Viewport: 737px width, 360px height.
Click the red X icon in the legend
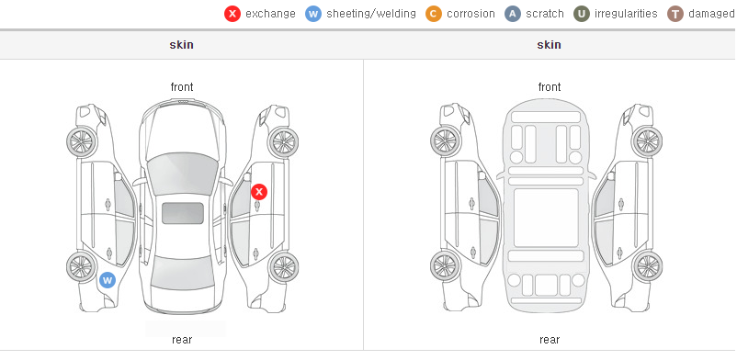click(232, 14)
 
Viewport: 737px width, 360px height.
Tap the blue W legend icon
click(313, 14)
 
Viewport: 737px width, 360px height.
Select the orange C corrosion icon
click(434, 14)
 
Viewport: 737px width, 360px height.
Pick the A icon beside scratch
click(513, 14)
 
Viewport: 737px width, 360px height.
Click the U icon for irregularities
click(582, 14)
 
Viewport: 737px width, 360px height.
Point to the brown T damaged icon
click(675, 14)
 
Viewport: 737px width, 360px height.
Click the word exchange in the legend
click(270, 14)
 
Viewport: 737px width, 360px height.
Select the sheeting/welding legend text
click(371, 14)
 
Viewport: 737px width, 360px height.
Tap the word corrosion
click(471, 14)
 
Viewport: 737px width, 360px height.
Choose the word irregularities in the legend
click(626, 14)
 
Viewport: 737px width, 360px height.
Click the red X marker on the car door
click(259, 192)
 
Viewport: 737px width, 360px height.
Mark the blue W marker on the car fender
click(108, 281)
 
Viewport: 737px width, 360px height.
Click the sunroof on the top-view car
click(183, 213)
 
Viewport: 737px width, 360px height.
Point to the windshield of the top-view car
click(183, 174)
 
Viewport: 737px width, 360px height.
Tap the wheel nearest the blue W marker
click(82, 267)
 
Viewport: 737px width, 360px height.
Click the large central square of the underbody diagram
click(546, 218)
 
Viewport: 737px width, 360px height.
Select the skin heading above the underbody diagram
click(549, 45)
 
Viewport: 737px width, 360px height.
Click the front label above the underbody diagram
click(550, 87)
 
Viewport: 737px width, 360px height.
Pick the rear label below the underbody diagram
click(550, 340)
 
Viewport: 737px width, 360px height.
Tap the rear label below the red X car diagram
click(182, 340)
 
